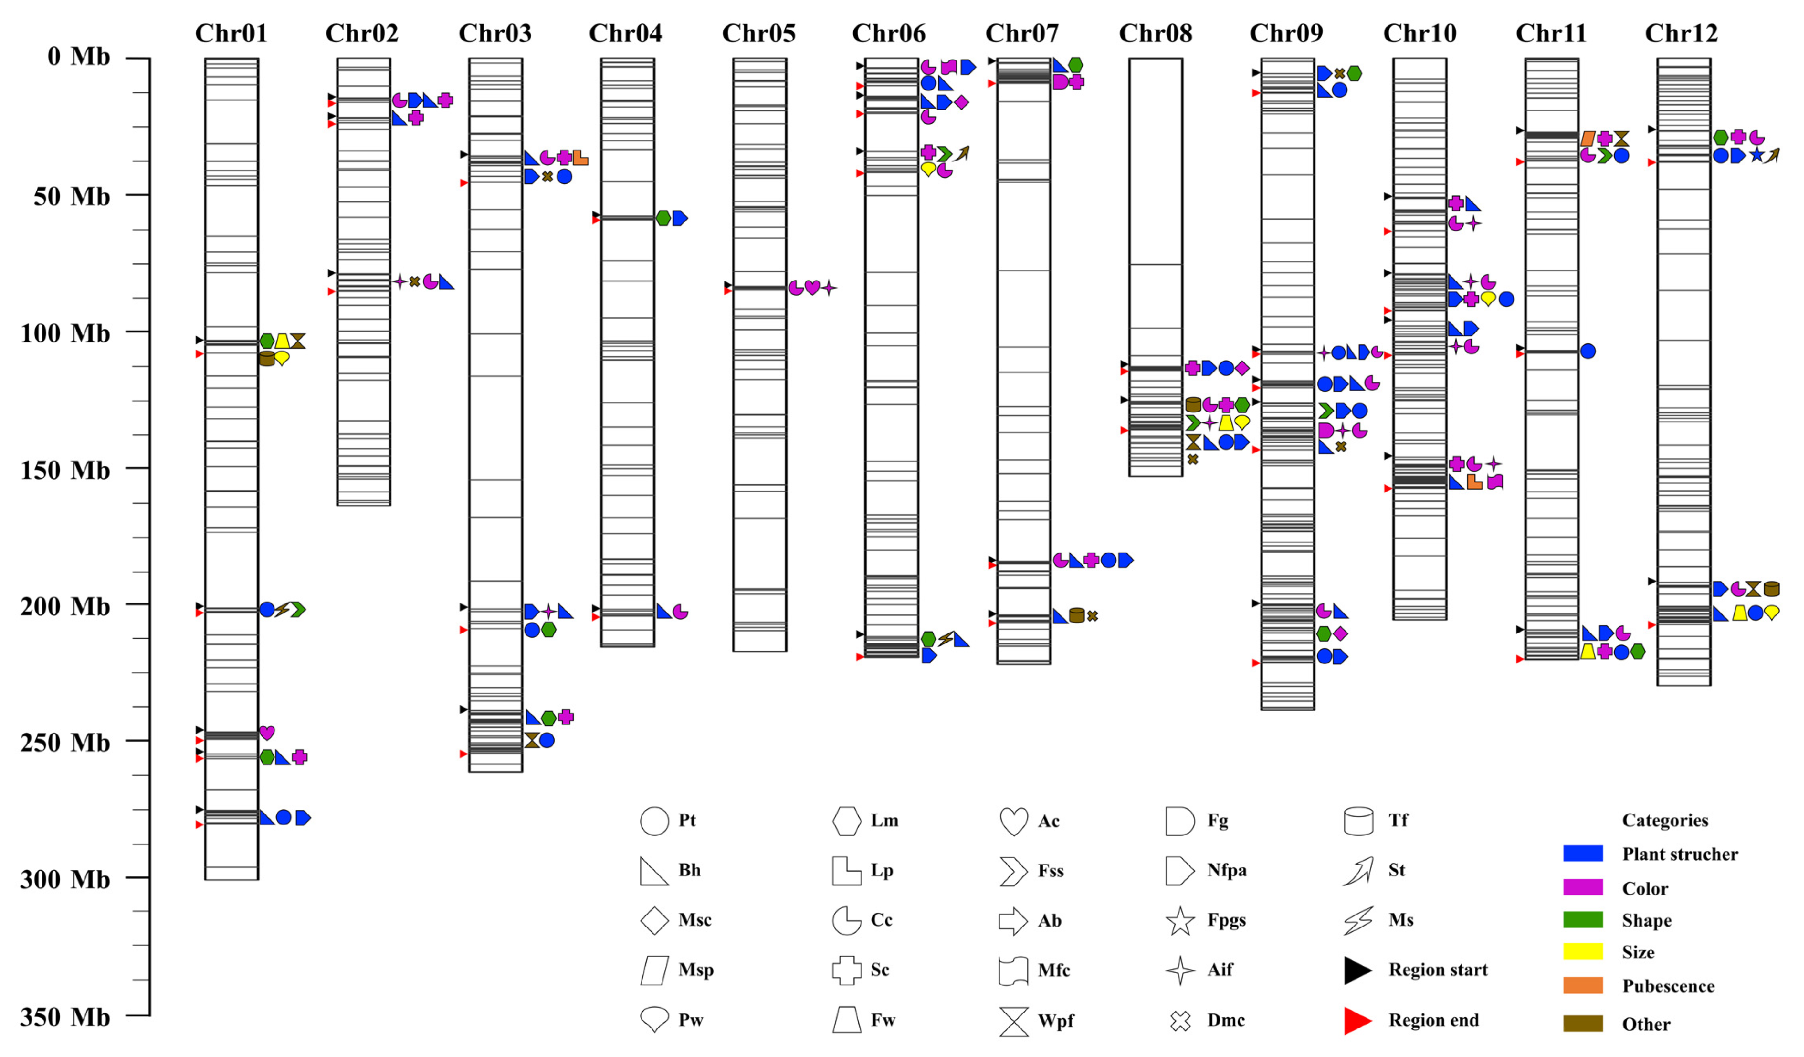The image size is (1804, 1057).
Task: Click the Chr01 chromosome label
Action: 231,33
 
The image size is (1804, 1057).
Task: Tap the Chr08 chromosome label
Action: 1155,33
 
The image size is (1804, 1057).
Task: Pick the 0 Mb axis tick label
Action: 78,56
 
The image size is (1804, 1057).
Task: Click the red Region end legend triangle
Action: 1358,1020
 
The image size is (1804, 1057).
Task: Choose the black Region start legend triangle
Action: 1358,970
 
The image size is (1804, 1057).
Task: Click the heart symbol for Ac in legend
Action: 1014,821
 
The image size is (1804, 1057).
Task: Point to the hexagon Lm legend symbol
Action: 846,821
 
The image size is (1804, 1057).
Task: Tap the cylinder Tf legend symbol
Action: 1358,821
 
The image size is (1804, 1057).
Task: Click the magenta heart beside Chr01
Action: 266,732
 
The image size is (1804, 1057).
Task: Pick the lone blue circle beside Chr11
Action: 1587,351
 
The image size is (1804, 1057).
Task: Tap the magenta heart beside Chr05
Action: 812,288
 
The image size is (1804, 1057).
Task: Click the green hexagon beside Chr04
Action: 663,217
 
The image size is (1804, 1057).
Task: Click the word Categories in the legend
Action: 1665,820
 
